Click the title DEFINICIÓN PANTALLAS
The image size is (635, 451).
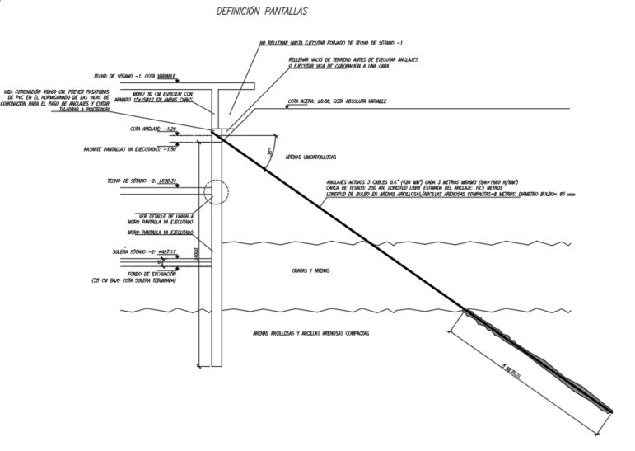click(x=261, y=12)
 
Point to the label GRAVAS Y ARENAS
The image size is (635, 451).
click(x=310, y=270)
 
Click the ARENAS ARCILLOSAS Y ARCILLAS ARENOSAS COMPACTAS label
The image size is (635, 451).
click(x=311, y=333)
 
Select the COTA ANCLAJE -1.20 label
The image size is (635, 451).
click(x=152, y=129)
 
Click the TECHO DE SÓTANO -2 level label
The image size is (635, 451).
click(x=142, y=181)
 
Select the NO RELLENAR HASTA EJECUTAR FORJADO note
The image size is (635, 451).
click(x=329, y=42)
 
